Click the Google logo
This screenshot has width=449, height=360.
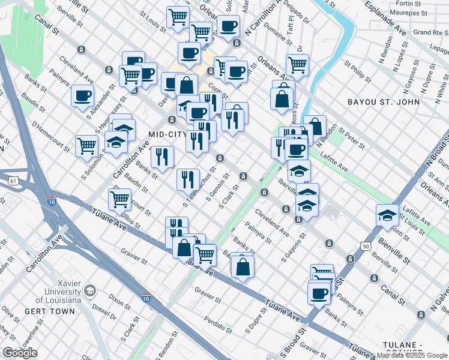20,353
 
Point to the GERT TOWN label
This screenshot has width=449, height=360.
50,311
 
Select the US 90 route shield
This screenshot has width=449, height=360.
366,246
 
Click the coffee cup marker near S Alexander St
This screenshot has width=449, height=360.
82,95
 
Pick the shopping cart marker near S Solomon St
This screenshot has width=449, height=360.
87,145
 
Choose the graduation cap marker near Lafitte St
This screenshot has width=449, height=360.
387,215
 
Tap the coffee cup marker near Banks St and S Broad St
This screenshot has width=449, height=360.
319,293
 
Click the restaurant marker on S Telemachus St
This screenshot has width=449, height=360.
188,178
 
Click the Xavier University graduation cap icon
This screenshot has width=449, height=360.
90,290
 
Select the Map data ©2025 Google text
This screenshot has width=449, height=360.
411,355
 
